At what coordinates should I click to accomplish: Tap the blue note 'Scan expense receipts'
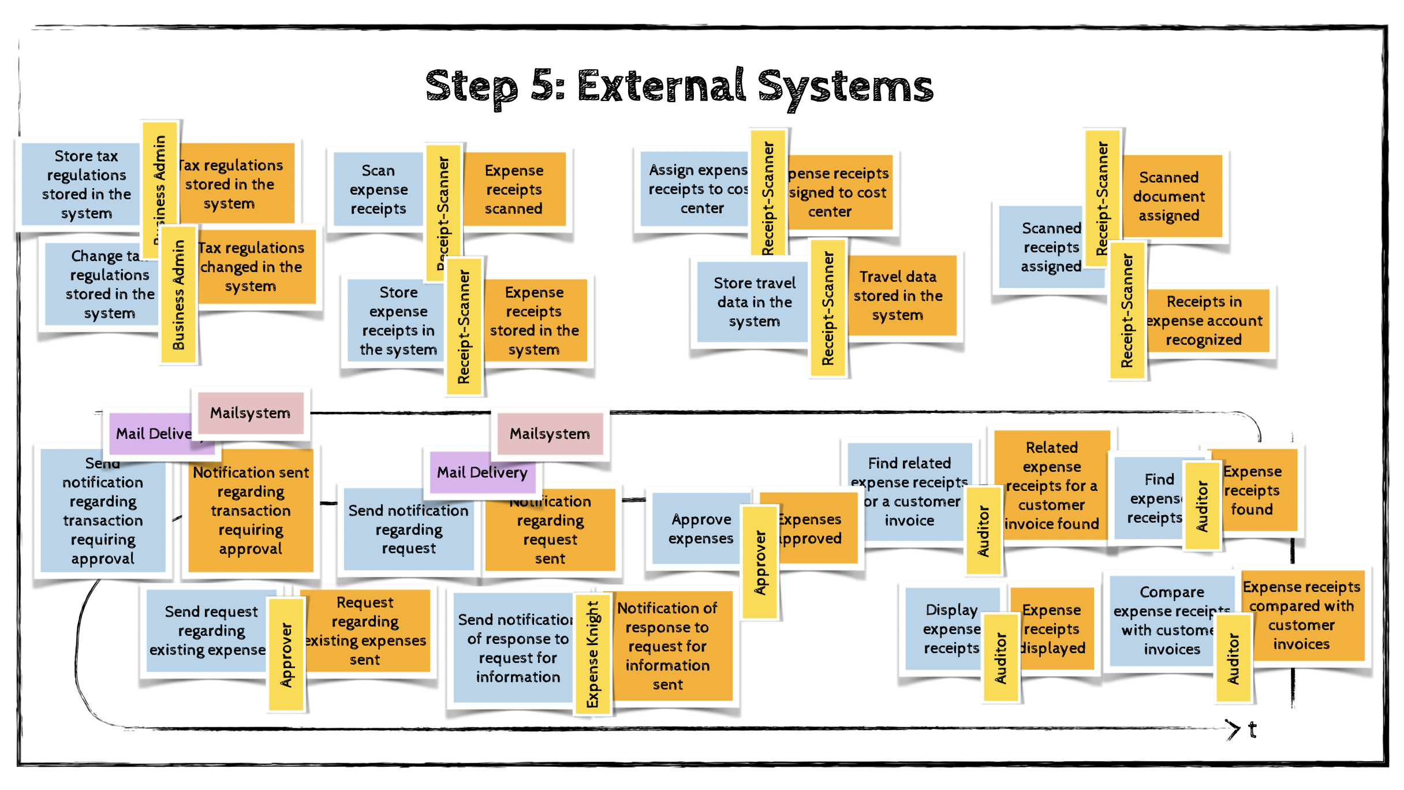pos(378,189)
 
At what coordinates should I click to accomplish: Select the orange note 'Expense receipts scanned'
pos(514,189)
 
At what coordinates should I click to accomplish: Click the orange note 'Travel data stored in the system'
pos(898,296)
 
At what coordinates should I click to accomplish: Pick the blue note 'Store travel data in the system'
pos(754,302)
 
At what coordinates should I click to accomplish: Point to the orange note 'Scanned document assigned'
pos(1170,196)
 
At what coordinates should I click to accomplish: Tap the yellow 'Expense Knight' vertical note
pos(592,654)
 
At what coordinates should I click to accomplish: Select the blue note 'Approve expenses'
pos(700,528)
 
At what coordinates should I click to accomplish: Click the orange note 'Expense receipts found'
pos(1253,490)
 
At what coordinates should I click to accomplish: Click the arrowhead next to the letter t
pos(1233,729)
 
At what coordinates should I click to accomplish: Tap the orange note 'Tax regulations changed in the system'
pos(252,267)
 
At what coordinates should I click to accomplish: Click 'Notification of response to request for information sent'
pos(669,646)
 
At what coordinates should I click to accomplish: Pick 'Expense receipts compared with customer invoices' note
pos(1302,616)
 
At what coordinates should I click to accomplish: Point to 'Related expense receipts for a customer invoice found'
pos(1052,485)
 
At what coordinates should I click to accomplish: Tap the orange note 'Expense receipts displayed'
pos(1053,628)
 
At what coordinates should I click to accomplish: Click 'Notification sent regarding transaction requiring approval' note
pos(251,510)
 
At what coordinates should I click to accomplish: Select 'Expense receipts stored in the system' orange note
pos(535,321)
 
